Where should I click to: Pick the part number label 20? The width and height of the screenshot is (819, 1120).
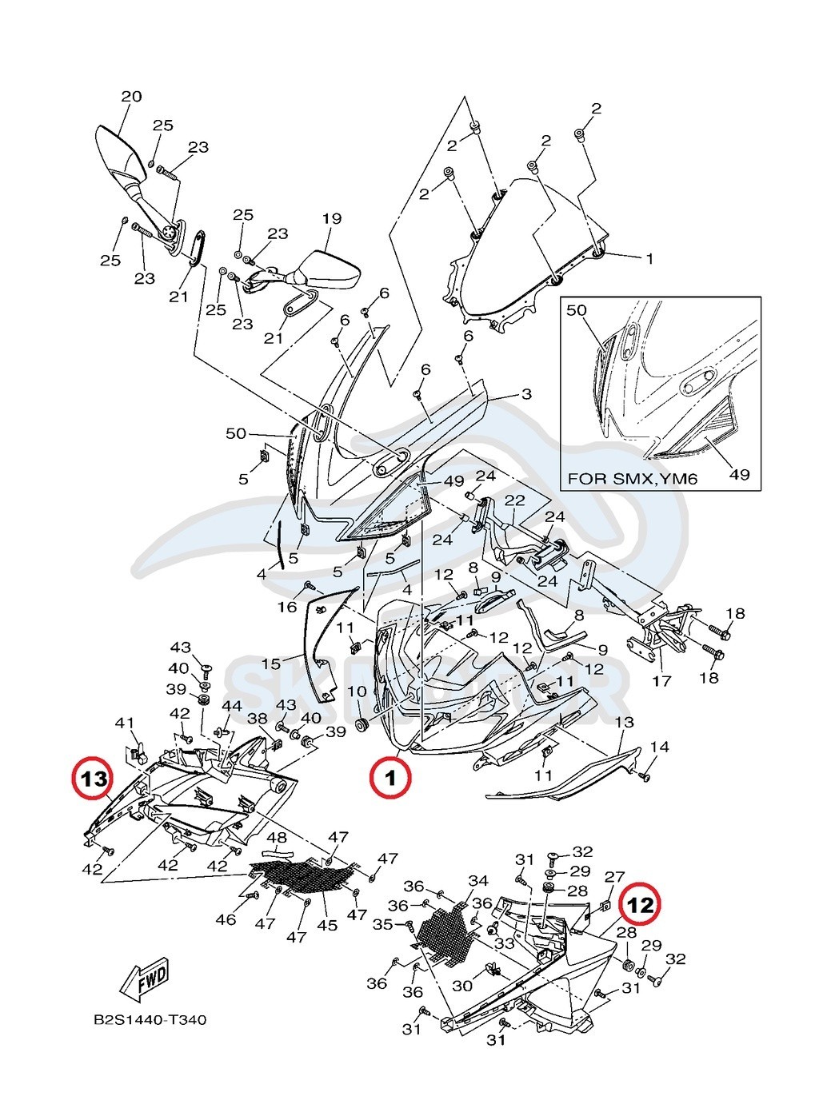pos(131,97)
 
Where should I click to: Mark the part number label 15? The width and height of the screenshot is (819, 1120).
pos(271,664)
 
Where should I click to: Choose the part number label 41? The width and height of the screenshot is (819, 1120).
pos(124,723)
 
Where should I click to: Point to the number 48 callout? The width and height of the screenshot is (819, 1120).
pos(277,838)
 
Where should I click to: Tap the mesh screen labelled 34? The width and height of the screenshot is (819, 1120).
pos(443,931)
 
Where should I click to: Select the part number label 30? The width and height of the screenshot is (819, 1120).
pos(463,986)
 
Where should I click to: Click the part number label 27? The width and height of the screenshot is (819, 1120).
pos(614,877)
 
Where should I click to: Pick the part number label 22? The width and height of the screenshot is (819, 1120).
pos(513,500)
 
